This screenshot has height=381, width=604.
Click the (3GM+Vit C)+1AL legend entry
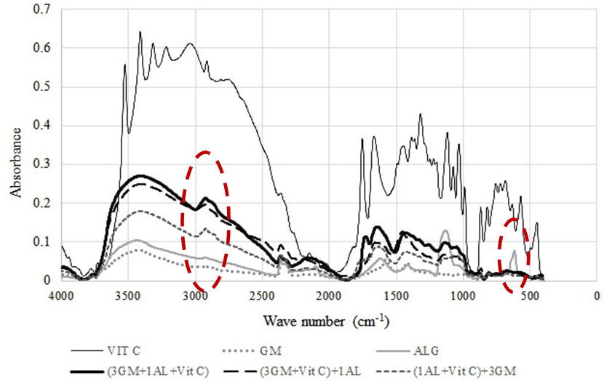pyautogui.click(x=322, y=372)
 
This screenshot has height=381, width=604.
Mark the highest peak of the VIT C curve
pyautogui.click(x=139, y=32)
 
